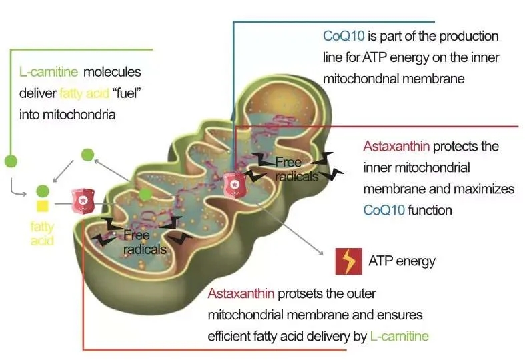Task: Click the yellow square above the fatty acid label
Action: [x=43, y=206]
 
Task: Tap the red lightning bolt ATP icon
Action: [x=348, y=261]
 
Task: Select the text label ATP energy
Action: [x=402, y=260]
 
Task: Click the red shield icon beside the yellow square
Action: [x=83, y=198]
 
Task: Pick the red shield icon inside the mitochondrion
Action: [x=234, y=183]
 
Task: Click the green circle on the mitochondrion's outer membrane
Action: [x=145, y=194]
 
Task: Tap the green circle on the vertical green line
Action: [x=11, y=161]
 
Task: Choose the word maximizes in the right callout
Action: [x=481, y=189]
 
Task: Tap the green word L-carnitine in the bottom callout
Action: [x=399, y=335]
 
